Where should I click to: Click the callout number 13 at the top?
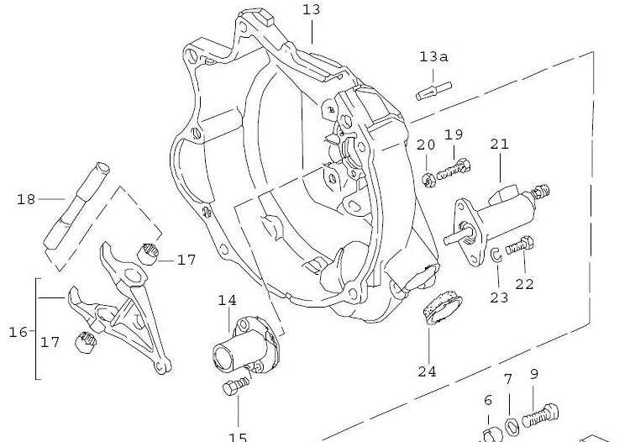pyautogui.click(x=312, y=9)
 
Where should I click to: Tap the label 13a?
pyautogui.click(x=433, y=57)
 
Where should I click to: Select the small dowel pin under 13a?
pyautogui.click(x=434, y=89)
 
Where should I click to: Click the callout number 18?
pyautogui.click(x=26, y=199)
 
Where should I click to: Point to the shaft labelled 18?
pyautogui.click(x=78, y=211)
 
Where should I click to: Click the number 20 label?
pyautogui.click(x=426, y=145)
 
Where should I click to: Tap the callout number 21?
pyautogui.click(x=499, y=144)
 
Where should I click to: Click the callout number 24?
pyautogui.click(x=427, y=371)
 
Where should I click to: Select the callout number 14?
pyautogui.click(x=228, y=300)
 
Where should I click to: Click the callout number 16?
pyautogui.click(x=18, y=332)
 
